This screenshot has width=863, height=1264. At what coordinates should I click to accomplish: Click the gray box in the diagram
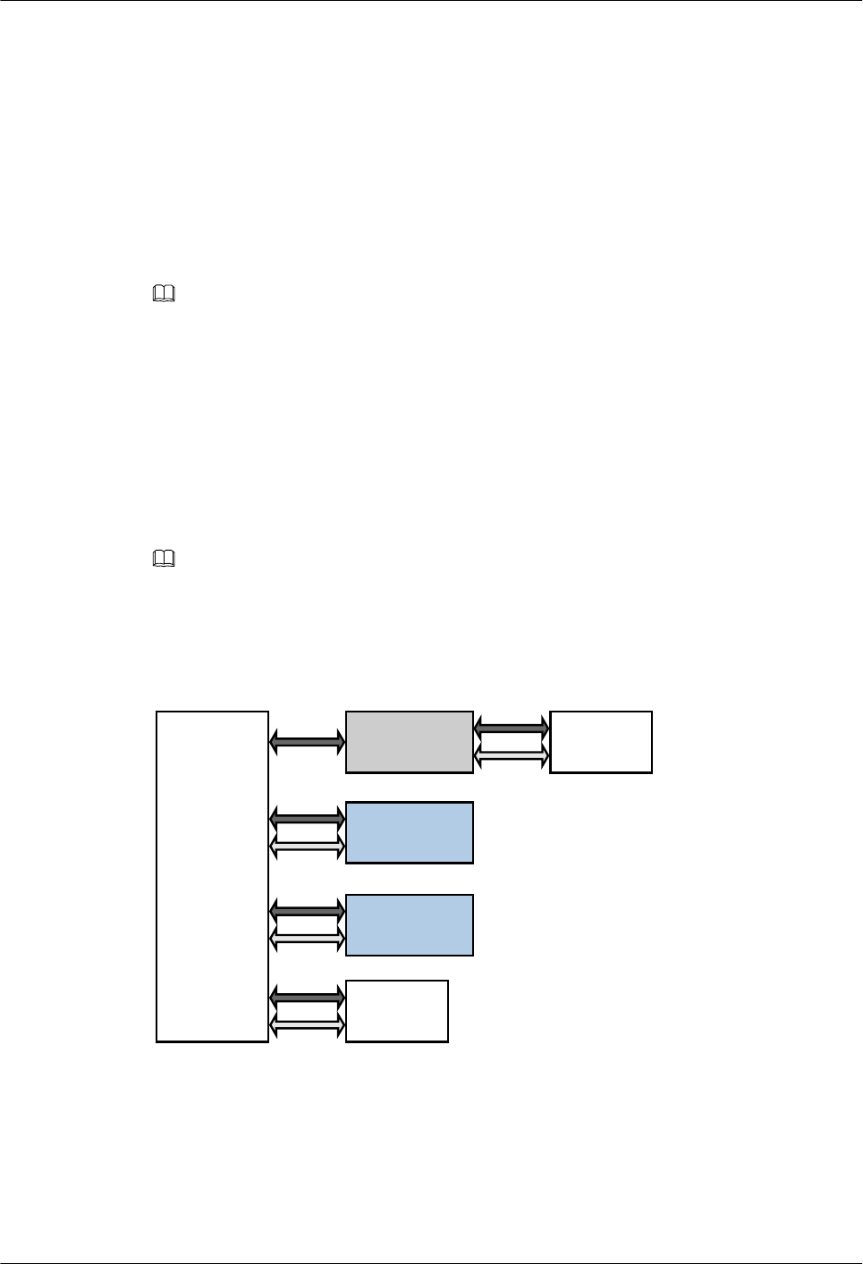click(410, 742)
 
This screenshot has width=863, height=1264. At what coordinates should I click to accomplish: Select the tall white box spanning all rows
click(213, 876)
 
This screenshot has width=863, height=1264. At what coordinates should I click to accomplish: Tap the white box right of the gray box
click(601, 742)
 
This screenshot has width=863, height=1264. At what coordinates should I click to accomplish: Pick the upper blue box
click(410, 832)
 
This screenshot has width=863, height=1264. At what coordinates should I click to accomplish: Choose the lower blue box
click(410, 924)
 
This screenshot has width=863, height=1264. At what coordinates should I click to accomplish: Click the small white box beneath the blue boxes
click(397, 1011)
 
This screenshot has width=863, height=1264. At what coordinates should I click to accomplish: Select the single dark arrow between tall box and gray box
click(307, 740)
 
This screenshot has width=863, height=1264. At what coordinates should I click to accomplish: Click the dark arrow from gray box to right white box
click(512, 728)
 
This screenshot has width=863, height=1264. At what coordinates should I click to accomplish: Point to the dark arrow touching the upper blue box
click(307, 817)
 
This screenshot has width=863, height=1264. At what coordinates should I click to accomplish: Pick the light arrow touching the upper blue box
click(307, 847)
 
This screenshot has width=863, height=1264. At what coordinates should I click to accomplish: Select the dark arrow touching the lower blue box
click(307, 909)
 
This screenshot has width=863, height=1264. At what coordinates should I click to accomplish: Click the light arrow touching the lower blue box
click(307, 939)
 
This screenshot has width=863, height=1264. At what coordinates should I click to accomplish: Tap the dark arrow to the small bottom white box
click(307, 995)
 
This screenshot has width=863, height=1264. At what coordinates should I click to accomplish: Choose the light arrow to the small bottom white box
click(307, 1028)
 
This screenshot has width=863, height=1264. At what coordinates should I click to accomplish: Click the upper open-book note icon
click(165, 293)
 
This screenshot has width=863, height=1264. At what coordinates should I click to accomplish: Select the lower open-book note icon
click(165, 560)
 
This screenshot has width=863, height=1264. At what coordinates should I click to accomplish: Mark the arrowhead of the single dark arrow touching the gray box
click(340, 740)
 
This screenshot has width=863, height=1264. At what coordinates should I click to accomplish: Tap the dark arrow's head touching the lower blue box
click(340, 909)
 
